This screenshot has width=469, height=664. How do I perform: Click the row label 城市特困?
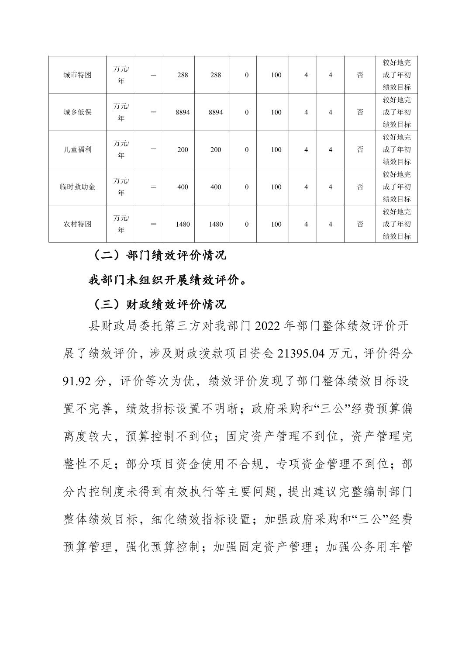77,75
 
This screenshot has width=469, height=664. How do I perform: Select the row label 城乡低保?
77,112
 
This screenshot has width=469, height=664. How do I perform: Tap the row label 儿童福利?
77,149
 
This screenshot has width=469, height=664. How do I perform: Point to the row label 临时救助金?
77,187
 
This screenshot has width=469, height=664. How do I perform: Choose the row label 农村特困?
77,224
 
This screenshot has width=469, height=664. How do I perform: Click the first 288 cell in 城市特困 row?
183,75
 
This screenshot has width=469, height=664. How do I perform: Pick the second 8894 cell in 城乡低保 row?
216,112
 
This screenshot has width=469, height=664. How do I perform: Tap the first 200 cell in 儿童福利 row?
183,149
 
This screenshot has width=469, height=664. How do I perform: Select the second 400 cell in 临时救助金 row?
216,187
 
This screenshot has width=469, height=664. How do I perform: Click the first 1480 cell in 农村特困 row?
183,224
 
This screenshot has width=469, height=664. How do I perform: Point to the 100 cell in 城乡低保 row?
276,112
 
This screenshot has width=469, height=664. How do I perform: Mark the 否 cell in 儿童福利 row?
360,149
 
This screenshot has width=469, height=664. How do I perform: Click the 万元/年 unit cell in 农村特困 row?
121,224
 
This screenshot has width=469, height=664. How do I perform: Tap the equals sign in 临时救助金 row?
153,187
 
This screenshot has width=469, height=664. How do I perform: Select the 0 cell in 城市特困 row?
247,75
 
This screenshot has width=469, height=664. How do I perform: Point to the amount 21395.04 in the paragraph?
301,354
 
